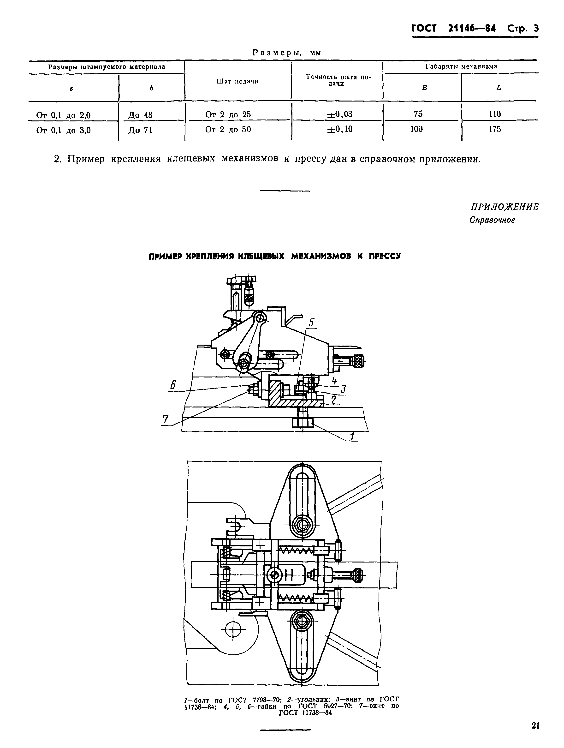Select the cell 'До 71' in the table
coord(140,130)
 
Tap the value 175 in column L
coord(495,129)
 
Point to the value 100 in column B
coord(416,129)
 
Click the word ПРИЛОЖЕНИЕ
coord(505,207)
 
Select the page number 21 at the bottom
coord(535,726)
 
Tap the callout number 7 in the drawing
coord(165,419)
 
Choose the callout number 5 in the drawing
coord(311,323)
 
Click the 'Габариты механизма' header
coord(461,67)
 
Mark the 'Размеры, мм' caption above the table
coord(287,53)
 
